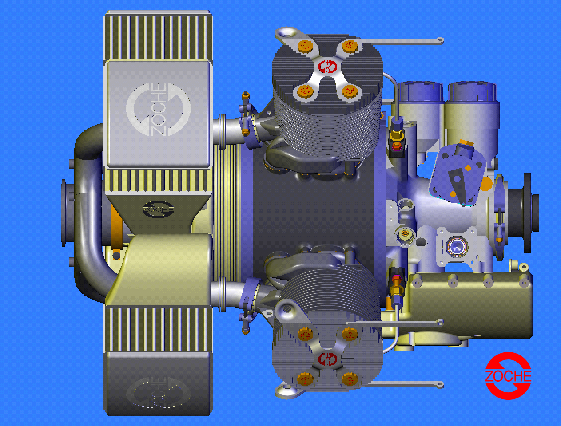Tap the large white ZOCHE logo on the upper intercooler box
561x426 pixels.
[159, 110]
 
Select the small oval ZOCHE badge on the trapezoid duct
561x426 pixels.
[158, 209]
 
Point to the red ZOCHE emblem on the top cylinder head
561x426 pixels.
[327, 67]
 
